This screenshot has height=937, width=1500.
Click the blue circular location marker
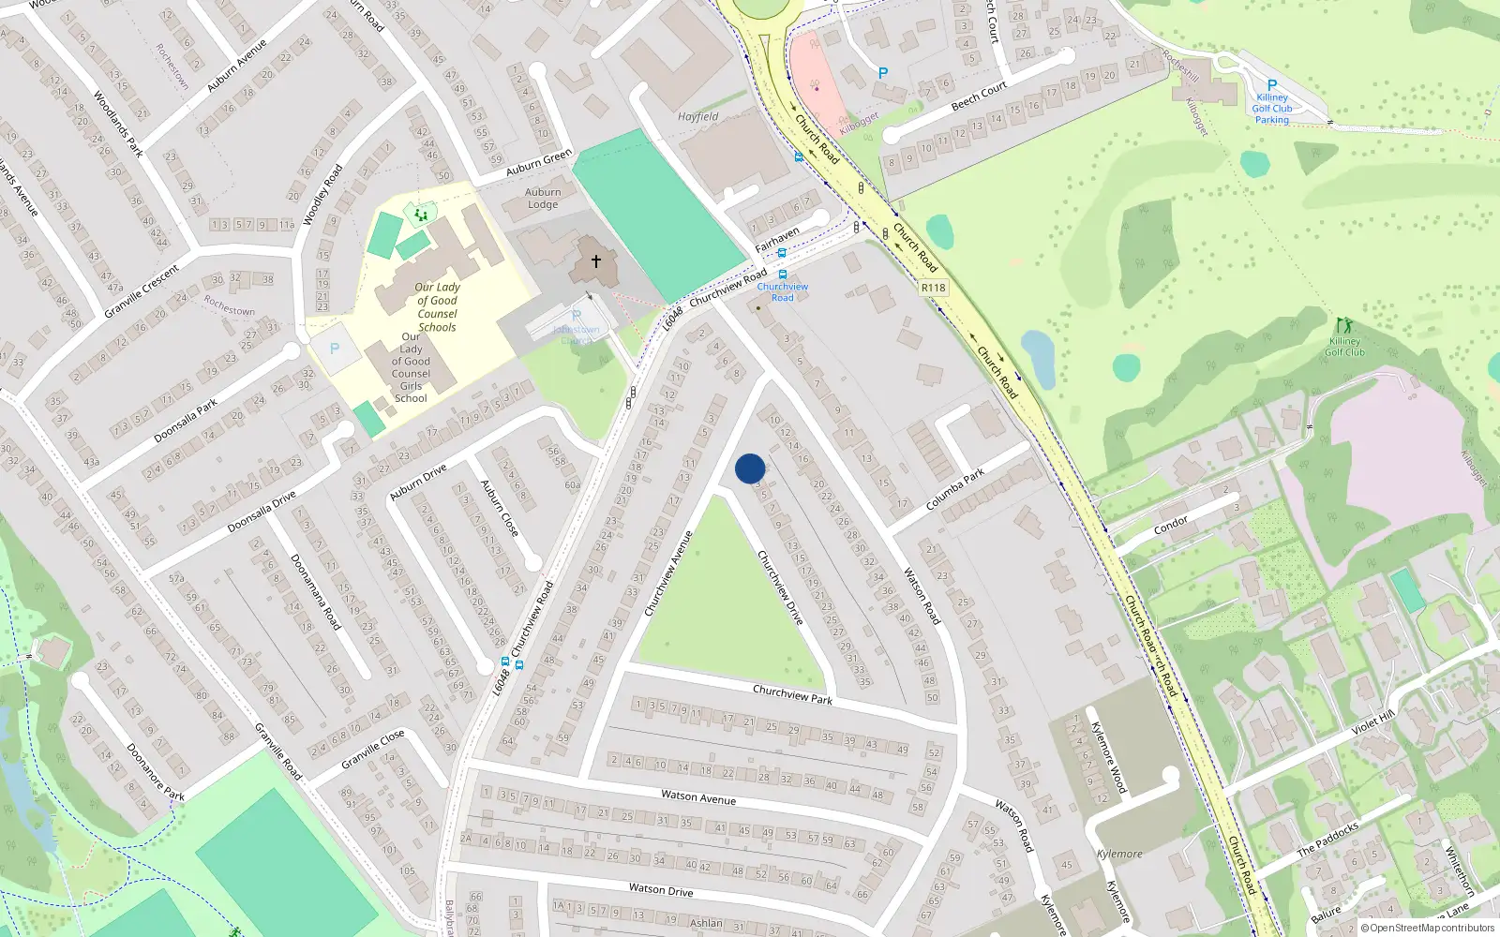[x=750, y=468]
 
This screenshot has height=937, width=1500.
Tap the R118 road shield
[x=933, y=288]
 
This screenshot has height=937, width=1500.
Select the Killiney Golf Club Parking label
[x=1272, y=108]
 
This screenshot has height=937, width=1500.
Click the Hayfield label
[x=697, y=117]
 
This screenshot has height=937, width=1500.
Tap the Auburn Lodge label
[x=543, y=198]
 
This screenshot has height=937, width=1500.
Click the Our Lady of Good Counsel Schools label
[x=437, y=307]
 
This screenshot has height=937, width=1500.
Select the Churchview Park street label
[x=792, y=694]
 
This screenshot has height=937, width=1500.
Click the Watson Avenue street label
[x=697, y=796]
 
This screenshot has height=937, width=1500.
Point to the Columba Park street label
[x=954, y=489]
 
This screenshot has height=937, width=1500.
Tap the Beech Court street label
[x=978, y=96]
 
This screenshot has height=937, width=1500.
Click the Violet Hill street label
[x=1372, y=723]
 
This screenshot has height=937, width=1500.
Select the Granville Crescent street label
[x=142, y=291]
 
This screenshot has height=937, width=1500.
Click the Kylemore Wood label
[x=1108, y=757]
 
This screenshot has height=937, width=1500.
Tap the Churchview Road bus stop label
[x=782, y=291]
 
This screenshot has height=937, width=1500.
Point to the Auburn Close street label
[x=499, y=508]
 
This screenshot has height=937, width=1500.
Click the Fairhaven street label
[x=777, y=239]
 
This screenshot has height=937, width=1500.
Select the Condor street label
[x=1170, y=525]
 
